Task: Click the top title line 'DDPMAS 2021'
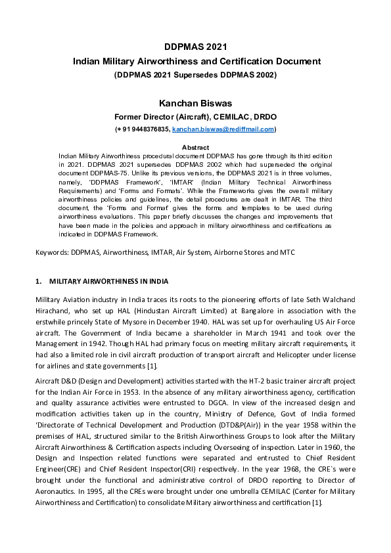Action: click(196, 47)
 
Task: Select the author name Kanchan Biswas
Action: click(196, 103)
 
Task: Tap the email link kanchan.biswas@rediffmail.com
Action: click(223, 130)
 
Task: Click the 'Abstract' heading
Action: click(195, 148)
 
